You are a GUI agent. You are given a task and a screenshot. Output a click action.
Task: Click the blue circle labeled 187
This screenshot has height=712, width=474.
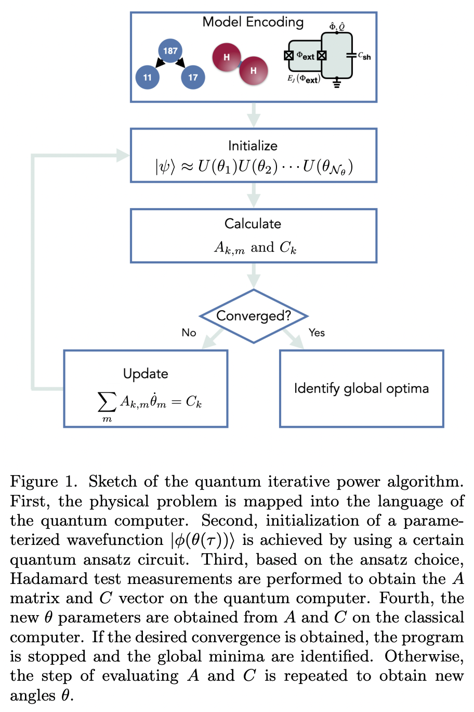pos(170,50)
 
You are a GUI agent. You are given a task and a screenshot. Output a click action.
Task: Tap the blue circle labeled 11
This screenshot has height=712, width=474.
pos(147,77)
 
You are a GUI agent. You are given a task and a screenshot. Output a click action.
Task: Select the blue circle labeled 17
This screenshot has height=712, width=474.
pos(193,77)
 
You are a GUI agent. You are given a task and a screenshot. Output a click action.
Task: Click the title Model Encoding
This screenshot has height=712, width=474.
pos(253,22)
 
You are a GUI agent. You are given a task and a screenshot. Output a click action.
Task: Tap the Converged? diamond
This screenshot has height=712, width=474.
pos(254,316)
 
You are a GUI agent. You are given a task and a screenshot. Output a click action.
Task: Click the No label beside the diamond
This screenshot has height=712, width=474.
pos(189,333)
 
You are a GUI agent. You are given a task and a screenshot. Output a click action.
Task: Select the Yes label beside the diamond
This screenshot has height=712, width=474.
pos(317,333)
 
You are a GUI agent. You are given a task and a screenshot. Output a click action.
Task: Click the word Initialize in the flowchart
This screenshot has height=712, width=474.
pos(253,146)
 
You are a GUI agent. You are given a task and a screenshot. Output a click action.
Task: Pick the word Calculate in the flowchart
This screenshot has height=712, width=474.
pos(253,224)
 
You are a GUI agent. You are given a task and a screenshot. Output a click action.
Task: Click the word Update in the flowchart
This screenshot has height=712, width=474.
pos(146,374)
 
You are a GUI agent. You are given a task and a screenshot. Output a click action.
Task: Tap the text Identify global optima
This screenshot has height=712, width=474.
pos(361,388)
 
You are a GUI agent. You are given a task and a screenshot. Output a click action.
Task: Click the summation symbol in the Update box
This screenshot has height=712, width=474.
pos(107,402)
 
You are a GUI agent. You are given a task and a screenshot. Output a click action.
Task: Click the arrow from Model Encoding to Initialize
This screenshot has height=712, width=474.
pos(254,115)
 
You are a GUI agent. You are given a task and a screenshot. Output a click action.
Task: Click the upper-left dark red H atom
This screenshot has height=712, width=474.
pos(227,57)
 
